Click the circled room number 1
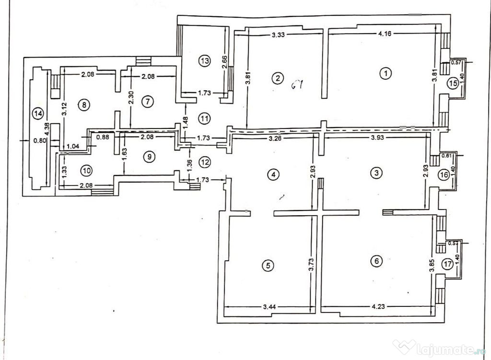point(385,73)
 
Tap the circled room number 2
point(277,77)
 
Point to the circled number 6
point(377,261)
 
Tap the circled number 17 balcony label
point(447,264)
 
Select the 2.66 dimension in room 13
point(225,63)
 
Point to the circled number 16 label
point(444,175)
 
